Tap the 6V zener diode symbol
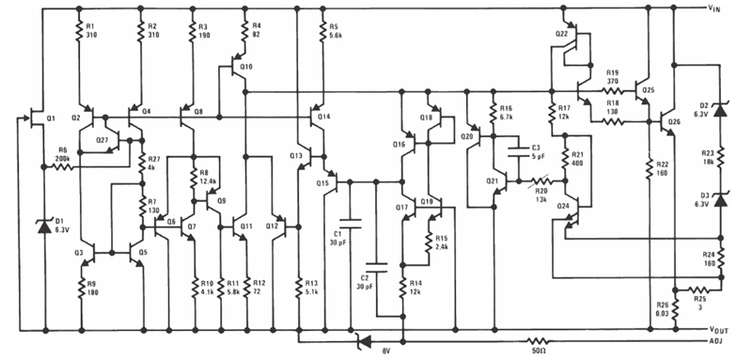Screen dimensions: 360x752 [x=364, y=340]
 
